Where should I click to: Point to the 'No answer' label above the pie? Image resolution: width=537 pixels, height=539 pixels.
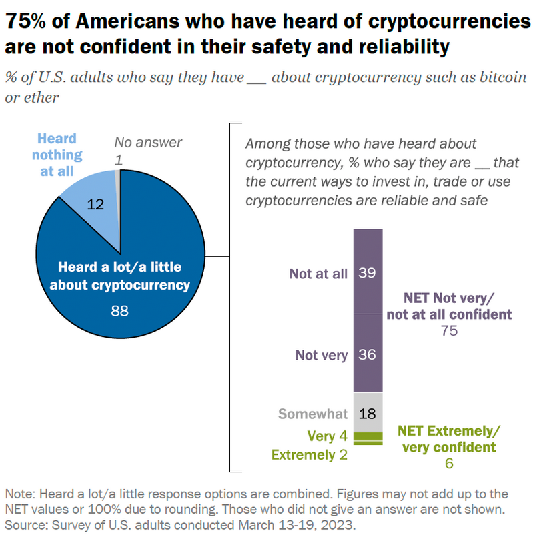[x=147, y=142]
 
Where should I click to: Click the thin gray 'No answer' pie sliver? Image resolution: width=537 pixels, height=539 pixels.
[x=118, y=175]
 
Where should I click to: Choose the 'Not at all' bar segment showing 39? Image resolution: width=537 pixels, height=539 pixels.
[x=368, y=272]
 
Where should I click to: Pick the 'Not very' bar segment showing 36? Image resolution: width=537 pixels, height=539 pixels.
[x=368, y=355]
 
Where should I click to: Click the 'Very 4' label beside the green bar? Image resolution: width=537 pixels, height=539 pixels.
[x=326, y=436]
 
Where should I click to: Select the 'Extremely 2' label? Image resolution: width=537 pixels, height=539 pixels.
[x=310, y=455]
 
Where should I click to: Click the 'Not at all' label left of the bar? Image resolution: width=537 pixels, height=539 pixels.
[x=318, y=273]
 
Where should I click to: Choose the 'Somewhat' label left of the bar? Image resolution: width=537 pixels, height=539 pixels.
[x=313, y=414]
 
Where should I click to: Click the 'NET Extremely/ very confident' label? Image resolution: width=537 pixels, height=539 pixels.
[x=448, y=438]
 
